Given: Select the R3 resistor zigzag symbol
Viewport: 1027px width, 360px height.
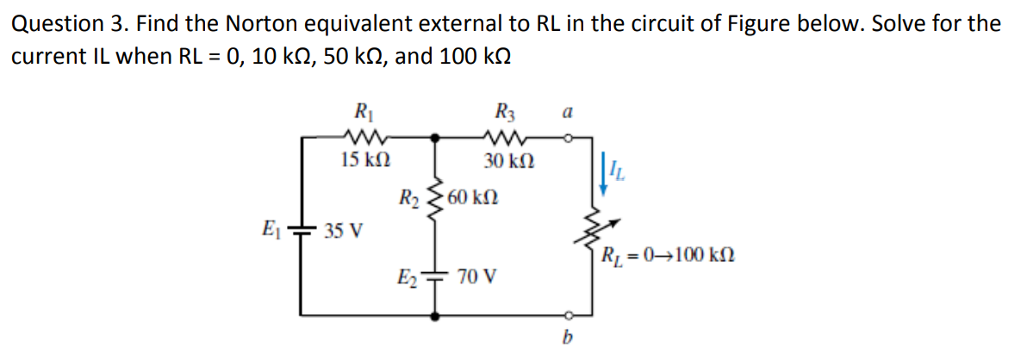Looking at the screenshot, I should tap(502, 136).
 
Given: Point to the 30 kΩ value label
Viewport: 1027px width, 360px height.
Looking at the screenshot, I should tap(507, 160).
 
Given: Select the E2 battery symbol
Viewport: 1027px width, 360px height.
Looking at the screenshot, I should tap(436, 277).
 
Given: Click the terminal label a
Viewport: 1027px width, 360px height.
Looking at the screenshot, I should tap(566, 112).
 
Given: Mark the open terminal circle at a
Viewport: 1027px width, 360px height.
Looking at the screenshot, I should tap(567, 136).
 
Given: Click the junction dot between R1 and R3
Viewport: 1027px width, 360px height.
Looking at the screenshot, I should tap(436, 136).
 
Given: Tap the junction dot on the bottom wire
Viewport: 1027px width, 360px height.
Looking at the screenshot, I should tap(436, 316).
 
